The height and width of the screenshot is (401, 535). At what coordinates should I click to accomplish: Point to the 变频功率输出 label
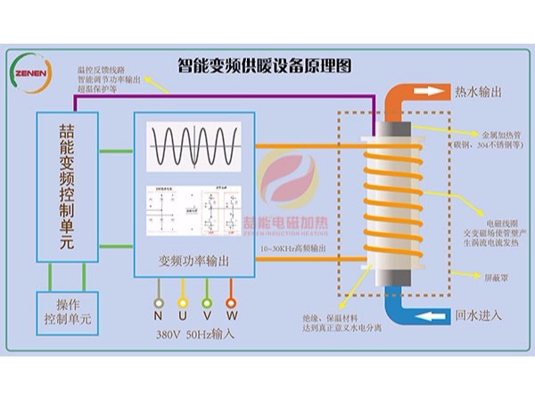[193, 261]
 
